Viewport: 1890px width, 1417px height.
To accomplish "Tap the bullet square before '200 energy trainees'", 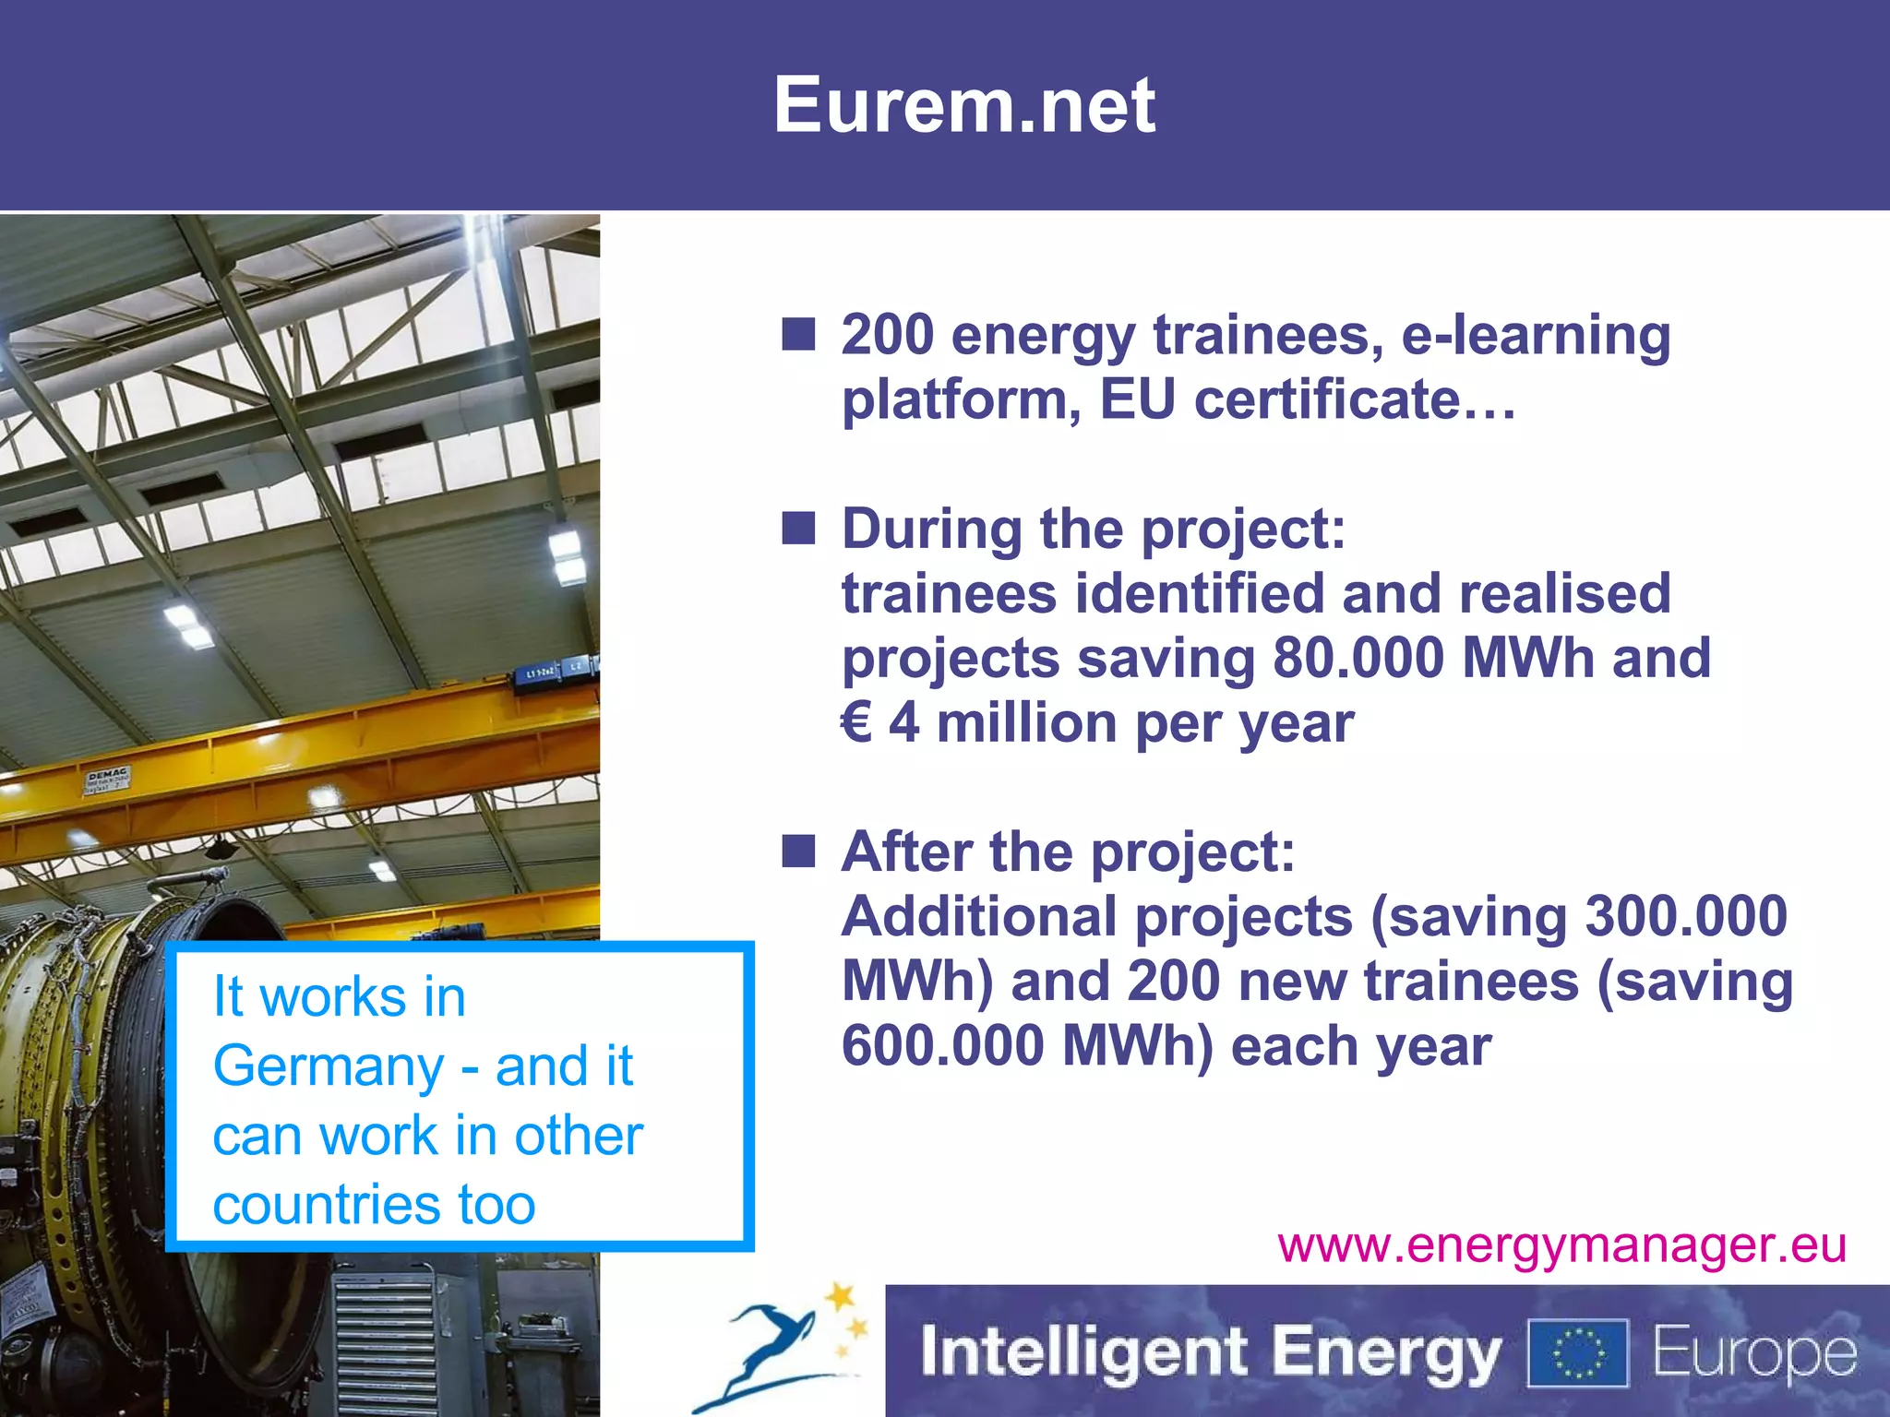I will tap(798, 335).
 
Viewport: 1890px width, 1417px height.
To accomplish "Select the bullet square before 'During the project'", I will tap(798, 530).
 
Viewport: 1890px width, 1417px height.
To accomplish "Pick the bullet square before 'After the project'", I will tap(798, 851).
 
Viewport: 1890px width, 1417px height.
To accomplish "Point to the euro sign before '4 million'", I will tap(855, 722).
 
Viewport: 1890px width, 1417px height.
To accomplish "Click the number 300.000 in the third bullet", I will tap(1685, 916).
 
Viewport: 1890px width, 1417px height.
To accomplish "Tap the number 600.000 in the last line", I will tap(942, 1046).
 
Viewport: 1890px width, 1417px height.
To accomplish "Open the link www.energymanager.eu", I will tap(1561, 1245).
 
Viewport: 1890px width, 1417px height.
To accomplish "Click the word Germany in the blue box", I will tap(329, 1067).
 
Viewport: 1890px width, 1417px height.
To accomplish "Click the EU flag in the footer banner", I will tap(1578, 1352).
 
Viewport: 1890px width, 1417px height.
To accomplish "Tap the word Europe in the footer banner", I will tap(1753, 1352).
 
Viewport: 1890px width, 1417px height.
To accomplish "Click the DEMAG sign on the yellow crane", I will tap(109, 778).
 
